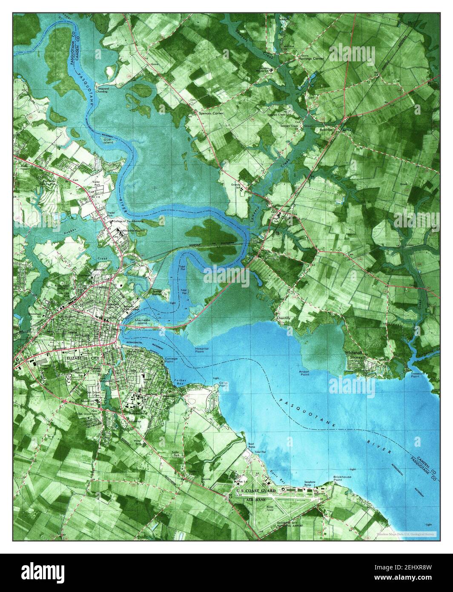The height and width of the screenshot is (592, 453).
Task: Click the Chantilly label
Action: (x=283, y=318)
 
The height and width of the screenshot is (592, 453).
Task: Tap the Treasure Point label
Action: (x=415, y=374)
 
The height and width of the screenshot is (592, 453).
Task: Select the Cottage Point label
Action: (x=171, y=361)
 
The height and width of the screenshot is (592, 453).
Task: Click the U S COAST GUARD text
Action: (x=256, y=491)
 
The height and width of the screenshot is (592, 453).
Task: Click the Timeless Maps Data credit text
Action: (x=405, y=533)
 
